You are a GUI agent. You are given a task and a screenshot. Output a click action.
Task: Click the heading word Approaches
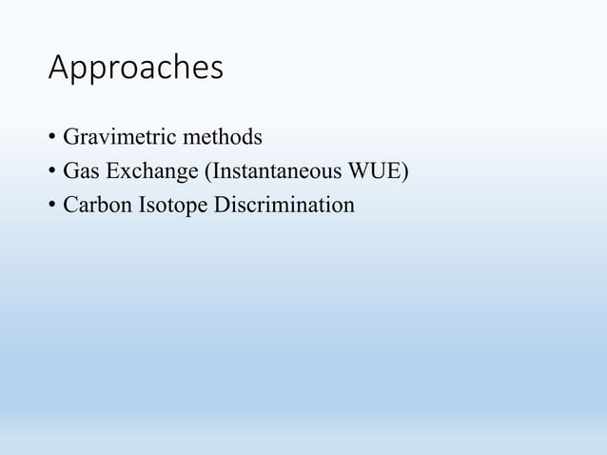pyautogui.click(x=135, y=69)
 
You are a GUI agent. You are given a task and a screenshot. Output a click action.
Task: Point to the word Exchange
pyautogui.click(x=146, y=172)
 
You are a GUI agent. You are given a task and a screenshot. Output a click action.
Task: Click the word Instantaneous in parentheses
pyautogui.click(x=260, y=172)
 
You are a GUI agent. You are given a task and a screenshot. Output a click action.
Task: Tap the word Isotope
pyautogui.click(x=165, y=206)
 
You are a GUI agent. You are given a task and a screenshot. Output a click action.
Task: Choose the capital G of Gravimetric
pyautogui.click(x=70, y=138)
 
